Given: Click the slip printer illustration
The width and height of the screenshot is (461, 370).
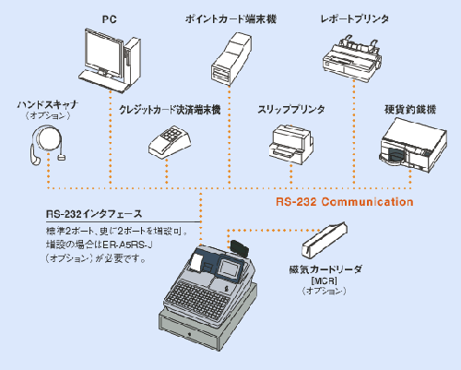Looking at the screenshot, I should point(290,140).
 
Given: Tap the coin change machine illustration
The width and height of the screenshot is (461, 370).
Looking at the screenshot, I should point(410,143).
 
